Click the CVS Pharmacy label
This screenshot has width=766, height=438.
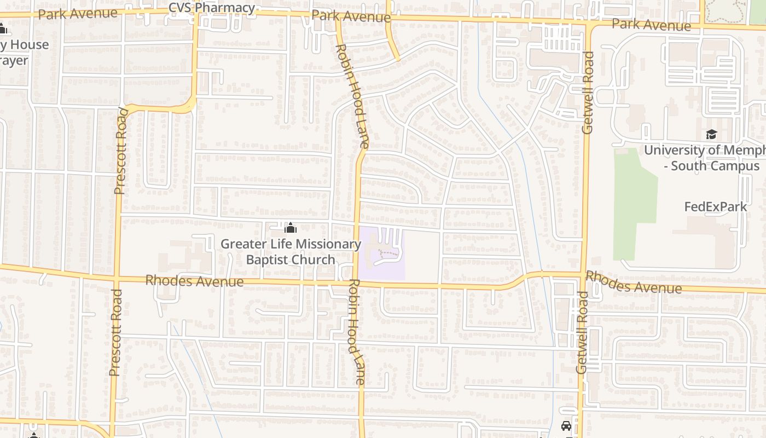[212, 8]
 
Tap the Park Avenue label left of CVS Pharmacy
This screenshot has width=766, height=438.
[78, 13]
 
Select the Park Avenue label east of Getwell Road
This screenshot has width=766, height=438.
[651, 25]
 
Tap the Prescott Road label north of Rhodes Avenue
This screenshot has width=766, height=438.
[121, 151]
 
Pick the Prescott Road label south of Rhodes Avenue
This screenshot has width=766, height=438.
[114, 332]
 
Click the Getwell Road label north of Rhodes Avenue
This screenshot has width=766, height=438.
[588, 93]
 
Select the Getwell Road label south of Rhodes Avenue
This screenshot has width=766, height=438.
[582, 332]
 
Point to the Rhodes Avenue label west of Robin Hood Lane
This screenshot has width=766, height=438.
[194, 281]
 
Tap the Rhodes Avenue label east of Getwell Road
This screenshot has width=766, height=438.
[634, 281]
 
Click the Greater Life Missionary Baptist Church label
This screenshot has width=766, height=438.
[291, 252]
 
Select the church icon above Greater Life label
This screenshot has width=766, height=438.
[291, 228]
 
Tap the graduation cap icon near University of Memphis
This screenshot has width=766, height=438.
[711, 135]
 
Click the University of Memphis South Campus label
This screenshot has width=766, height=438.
[706, 158]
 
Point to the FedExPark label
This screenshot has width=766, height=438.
[716, 207]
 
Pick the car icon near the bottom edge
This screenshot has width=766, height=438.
[566, 426]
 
